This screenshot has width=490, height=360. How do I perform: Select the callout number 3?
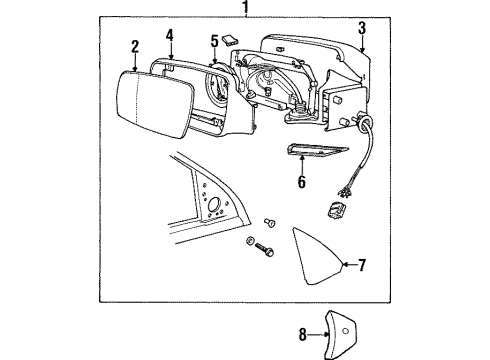[363, 28]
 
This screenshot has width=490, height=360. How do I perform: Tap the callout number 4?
[171, 36]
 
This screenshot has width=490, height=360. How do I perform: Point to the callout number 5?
[214, 41]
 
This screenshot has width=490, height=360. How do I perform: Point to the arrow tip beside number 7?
[342, 264]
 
